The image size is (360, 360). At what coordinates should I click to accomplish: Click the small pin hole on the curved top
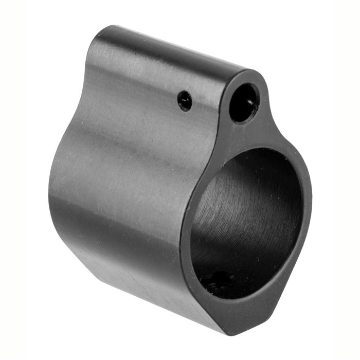[x=185, y=100]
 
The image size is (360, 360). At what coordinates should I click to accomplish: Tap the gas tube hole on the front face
[x=243, y=103]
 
